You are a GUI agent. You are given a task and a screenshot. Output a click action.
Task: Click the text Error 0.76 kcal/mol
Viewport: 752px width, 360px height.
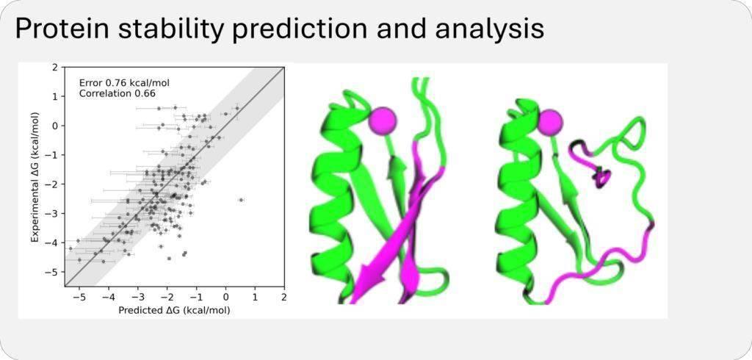click(x=124, y=83)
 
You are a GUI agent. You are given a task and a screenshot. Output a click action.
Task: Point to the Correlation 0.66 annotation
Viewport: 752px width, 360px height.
click(x=117, y=93)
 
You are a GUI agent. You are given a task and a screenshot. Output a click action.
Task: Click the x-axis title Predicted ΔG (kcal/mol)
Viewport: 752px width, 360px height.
click(x=174, y=311)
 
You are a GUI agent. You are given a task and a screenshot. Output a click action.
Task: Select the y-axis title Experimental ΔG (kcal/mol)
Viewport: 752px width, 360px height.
click(x=35, y=177)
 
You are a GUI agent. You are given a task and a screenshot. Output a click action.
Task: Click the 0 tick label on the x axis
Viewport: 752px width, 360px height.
click(x=226, y=298)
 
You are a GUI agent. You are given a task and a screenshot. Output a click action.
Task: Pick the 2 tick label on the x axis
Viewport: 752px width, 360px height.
click(x=284, y=298)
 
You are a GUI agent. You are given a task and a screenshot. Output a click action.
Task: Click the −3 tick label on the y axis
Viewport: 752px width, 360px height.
click(x=54, y=214)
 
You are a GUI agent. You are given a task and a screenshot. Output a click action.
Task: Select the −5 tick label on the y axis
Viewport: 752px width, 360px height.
click(x=54, y=272)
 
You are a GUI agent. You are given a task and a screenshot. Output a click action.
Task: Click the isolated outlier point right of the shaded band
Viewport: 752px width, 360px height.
click(x=241, y=200)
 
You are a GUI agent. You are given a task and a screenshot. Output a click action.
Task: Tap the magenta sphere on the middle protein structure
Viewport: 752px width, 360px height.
click(x=382, y=120)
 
